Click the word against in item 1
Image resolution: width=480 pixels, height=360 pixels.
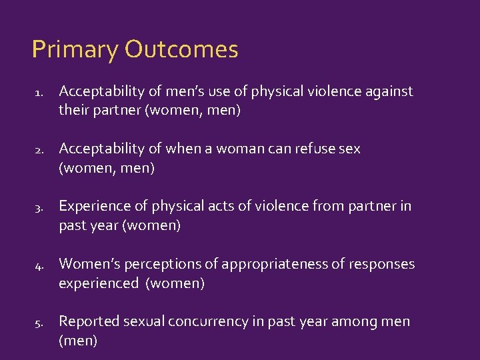[x=389, y=91]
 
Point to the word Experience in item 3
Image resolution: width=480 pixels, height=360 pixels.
[x=94, y=206]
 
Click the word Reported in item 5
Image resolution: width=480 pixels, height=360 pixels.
[x=86, y=321]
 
